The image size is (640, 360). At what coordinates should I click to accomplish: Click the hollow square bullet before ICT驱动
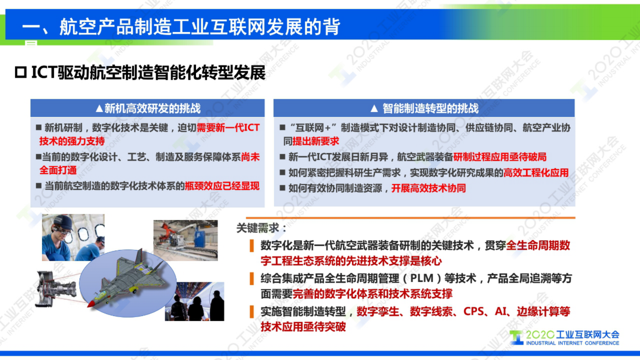tap(21, 73)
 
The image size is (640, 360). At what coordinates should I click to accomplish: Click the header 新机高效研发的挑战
tap(148, 108)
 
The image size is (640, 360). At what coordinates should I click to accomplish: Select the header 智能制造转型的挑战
tap(424, 108)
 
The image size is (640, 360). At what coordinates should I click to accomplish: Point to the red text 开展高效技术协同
tap(428, 188)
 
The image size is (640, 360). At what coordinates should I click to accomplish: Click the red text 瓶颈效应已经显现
tap(222, 186)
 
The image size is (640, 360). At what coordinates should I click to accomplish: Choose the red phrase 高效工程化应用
tap(536, 173)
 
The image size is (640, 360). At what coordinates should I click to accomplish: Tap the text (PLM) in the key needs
tap(423, 278)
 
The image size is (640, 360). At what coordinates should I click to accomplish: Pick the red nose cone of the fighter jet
tap(91, 303)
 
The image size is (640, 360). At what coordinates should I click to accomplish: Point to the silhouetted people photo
tap(194, 301)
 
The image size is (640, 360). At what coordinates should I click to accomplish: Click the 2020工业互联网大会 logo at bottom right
tap(565, 337)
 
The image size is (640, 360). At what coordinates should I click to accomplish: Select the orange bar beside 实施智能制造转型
tap(252, 312)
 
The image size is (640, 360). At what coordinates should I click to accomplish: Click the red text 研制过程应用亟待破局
tap(500, 157)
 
